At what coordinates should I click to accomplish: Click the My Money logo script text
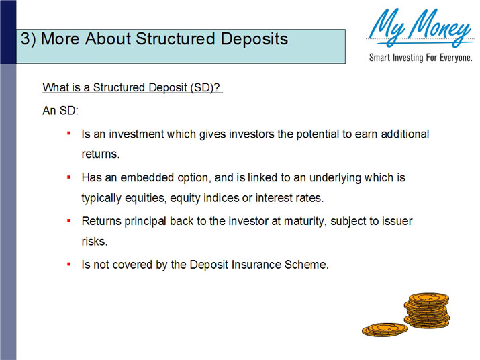click(x=420, y=29)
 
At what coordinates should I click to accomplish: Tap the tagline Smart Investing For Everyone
click(x=420, y=58)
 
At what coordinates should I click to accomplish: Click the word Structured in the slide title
click(x=174, y=39)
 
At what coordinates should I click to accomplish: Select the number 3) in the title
click(x=28, y=39)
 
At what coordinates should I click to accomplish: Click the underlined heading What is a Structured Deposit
click(x=132, y=88)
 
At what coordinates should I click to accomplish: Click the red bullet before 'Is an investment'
click(x=68, y=133)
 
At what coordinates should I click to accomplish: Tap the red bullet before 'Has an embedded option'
click(x=68, y=177)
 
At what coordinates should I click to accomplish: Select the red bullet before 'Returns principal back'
click(x=68, y=220)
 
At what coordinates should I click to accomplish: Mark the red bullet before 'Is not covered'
click(x=68, y=264)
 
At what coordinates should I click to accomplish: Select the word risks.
click(x=95, y=242)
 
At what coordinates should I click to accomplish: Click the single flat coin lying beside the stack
click(x=384, y=329)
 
